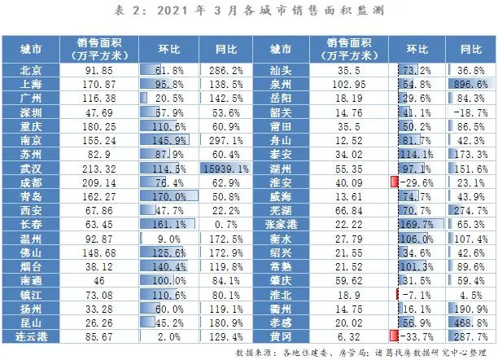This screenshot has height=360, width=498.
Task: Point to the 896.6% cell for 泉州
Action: click(x=469, y=85)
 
